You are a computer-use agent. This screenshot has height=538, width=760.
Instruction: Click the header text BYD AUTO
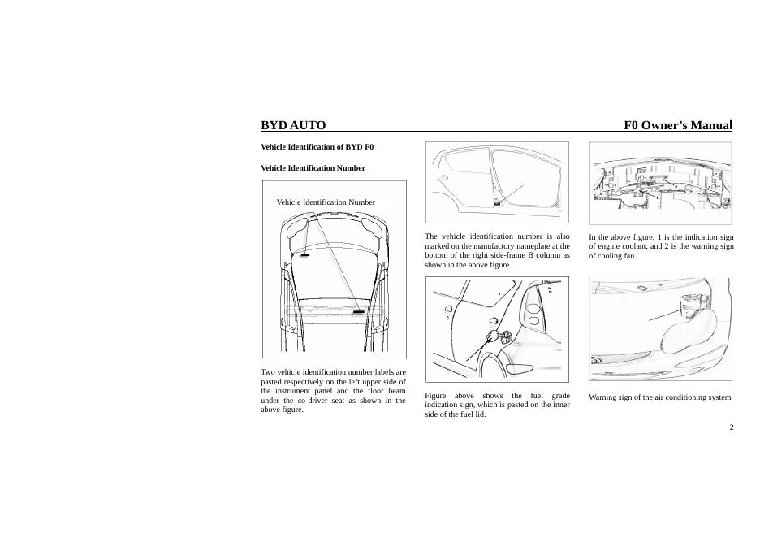(x=293, y=125)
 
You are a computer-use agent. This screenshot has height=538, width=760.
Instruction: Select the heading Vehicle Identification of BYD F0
(x=317, y=147)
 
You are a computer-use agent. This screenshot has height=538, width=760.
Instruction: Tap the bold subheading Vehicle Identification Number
(x=313, y=168)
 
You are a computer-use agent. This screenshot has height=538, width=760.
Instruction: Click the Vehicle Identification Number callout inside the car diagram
(x=326, y=202)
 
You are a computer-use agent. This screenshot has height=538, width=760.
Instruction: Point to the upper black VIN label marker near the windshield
(x=304, y=254)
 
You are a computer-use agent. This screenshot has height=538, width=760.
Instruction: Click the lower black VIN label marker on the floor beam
(x=358, y=310)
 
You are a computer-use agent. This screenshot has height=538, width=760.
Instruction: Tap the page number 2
(x=732, y=427)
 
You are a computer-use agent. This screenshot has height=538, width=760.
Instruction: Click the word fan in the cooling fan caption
(x=630, y=255)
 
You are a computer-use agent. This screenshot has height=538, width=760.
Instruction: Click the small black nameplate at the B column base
(x=497, y=204)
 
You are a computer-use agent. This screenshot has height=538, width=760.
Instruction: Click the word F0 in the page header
(x=633, y=125)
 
